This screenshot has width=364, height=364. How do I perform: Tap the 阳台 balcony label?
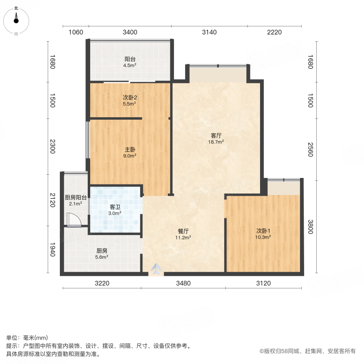(130, 59)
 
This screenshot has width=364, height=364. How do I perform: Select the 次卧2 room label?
(130, 97)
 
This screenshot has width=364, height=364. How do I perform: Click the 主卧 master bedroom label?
(130, 149)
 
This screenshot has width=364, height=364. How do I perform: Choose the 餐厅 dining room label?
(184, 231)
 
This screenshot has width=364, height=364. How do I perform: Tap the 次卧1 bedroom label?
(263, 231)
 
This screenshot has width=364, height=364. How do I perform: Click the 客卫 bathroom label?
(115, 207)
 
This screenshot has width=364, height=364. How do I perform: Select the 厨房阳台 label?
(76, 198)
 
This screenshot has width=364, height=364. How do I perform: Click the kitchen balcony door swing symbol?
(74, 220)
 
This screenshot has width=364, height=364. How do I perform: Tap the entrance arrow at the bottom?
(156, 268)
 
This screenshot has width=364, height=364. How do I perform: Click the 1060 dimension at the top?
(76, 32)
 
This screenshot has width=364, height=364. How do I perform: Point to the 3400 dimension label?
(130, 32)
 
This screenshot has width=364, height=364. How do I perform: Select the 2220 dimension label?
(274, 32)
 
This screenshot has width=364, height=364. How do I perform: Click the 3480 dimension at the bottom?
(183, 283)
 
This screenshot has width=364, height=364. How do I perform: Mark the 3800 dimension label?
(311, 227)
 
